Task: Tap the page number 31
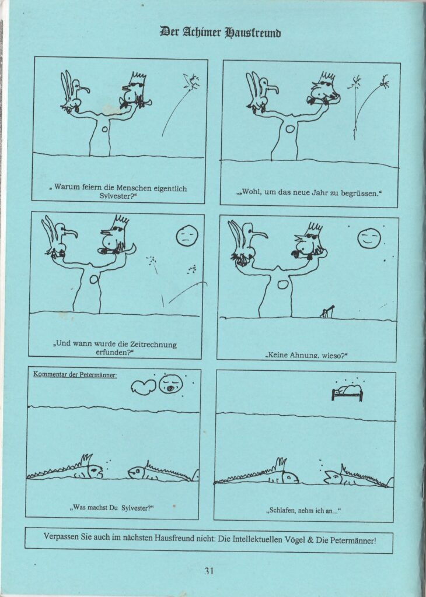click(x=209, y=571)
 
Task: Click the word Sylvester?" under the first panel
click(x=118, y=196)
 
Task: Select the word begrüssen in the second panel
click(x=359, y=192)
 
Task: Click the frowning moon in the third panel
click(x=187, y=236)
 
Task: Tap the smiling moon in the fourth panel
click(x=369, y=238)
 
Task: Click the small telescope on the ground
click(x=327, y=311)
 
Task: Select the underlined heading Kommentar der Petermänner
click(x=75, y=375)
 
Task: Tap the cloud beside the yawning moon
click(x=144, y=387)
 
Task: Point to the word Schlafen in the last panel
click(x=282, y=511)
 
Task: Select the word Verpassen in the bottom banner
click(x=61, y=537)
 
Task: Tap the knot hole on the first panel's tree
click(x=104, y=129)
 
